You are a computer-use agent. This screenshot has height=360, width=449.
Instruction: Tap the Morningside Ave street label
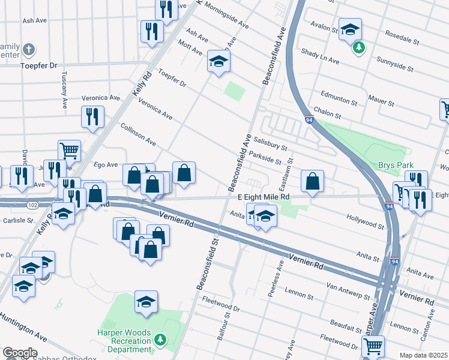226,15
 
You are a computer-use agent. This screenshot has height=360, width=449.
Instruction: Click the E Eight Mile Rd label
264,197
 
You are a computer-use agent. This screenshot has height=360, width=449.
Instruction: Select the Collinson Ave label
138,136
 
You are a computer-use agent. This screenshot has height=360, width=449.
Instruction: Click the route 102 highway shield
32,205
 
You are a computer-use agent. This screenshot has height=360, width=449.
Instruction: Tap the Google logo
20,353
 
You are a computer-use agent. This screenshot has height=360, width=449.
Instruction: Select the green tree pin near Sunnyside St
359,47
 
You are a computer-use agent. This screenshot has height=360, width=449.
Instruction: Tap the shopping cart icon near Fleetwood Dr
373,346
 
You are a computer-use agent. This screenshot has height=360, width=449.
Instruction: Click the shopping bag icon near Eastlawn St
312,181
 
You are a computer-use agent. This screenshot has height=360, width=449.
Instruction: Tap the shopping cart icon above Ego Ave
69,151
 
